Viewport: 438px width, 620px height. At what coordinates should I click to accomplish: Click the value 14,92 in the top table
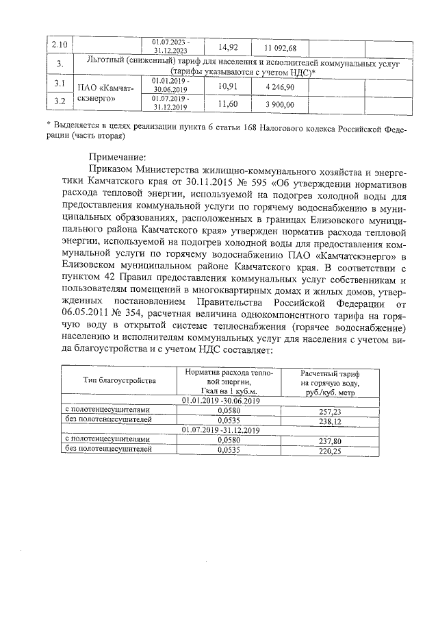click(x=228, y=47)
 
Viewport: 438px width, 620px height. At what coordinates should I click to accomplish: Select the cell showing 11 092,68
click(x=280, y=47)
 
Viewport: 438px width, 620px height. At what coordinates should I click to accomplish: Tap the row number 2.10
click(x=60, y=45)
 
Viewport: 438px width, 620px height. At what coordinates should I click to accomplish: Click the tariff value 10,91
click(x=227, y=87)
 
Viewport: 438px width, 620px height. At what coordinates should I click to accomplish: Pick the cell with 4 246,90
click(x=280, y=88)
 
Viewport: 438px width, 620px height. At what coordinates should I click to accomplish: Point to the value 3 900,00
click(x=280, y=104)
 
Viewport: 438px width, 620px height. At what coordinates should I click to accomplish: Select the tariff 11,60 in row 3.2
click(x=227, y=103)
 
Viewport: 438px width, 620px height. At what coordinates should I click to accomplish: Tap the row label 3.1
click(x=60, y=84)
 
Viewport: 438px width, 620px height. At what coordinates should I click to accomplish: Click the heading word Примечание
click(x=117, y=156)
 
